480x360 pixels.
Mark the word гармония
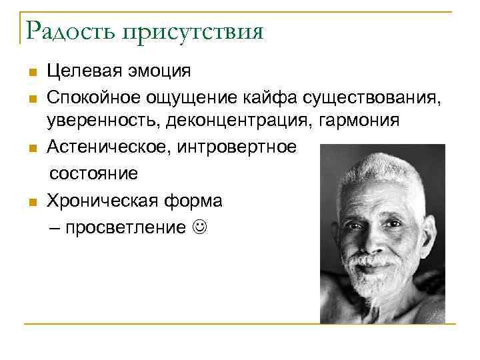click(364, 121)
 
